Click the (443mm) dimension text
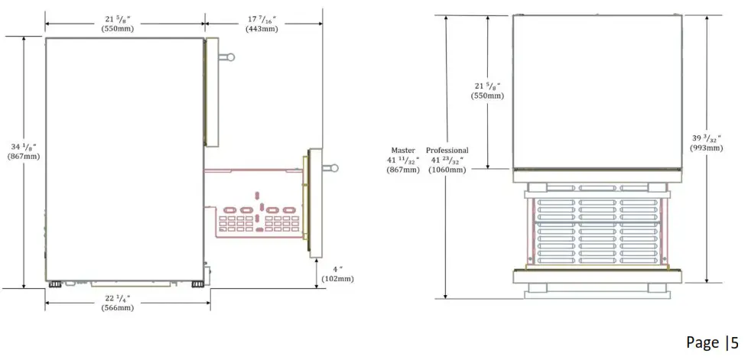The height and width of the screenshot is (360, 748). tap(262, 28)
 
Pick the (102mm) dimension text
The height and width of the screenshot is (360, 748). tap(338, 279)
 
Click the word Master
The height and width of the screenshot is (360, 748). tap(403, 151)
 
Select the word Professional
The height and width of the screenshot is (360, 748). tap(447, 151)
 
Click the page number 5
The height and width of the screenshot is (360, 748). tap(734, 342)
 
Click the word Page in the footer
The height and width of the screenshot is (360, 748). tap(702, 342)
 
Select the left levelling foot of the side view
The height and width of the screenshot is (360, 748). tap(55, 284)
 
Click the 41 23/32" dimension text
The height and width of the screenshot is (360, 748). tap(447, 161)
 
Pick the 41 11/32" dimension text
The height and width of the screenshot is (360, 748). tap(403, 161)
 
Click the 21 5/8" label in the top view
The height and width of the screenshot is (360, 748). tap(488, 86)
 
